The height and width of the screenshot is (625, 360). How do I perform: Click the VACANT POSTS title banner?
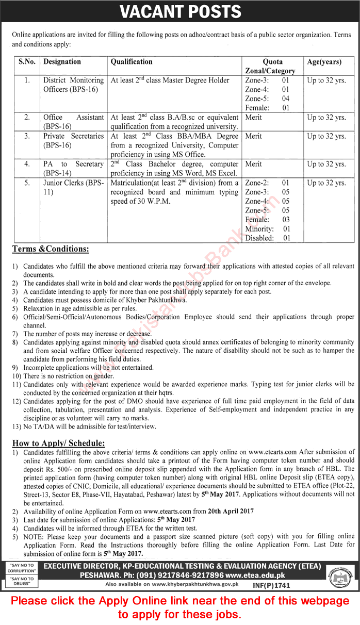click(180, 11)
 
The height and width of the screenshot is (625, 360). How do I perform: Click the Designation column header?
click(62, 62)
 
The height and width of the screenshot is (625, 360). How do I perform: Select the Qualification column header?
click(132, 62)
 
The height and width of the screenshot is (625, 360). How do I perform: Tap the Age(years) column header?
click(324, 62)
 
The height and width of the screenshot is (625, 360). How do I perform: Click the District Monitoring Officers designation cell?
click(73, 85)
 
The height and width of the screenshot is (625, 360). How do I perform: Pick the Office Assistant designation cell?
click(73, 122)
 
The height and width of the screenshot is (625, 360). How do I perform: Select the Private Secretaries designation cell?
click(73, 141)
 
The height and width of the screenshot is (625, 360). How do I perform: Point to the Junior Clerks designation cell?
click(73, 187)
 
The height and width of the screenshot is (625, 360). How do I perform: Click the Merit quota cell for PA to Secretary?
click(253, 164)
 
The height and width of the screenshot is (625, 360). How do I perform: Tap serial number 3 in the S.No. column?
click(27, 136)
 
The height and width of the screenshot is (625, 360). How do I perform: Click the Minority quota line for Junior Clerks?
click(267, 229)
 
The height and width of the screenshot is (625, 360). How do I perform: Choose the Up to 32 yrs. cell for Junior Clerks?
click(326, 183)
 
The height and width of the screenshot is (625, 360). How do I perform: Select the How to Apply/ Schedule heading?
click(58, 443)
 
